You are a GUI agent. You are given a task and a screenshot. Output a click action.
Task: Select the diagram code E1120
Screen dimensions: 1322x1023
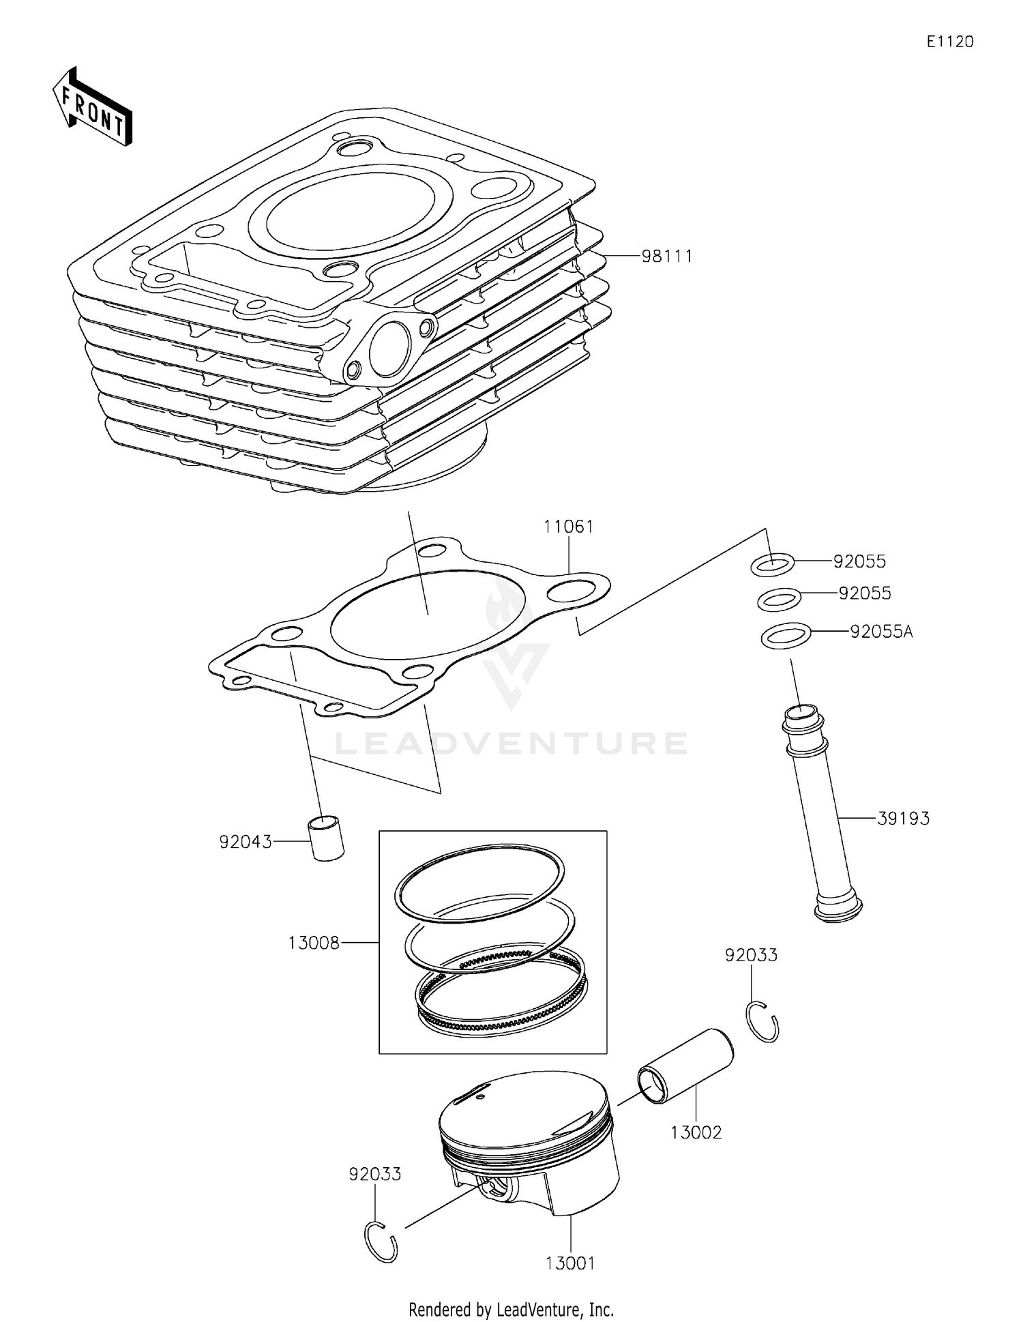pyautogui.click(x=949, y=42)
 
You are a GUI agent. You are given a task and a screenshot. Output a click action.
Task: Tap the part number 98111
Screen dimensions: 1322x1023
pyautogui.click(x=666, y=256)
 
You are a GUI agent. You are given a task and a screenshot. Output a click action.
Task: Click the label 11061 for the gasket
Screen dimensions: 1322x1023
pyautogui.click(x=568, y=527)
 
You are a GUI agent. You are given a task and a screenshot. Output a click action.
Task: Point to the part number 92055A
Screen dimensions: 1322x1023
pyautogui.click(x=880, y=632)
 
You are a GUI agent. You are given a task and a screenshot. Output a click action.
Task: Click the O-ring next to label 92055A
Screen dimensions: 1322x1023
pyautogui.click(x=786, y=636)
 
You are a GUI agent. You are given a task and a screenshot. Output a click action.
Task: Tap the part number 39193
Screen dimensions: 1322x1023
pyautogui.click(x=902, y=818)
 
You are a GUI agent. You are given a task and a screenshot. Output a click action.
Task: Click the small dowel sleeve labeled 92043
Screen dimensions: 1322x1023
pyautogui.click(x=327, y=838)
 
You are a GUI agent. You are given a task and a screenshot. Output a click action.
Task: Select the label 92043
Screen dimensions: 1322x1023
pyautogui.click(x=245, y=842)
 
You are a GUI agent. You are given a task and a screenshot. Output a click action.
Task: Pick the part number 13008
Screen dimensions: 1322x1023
pyautogui.click(x=314, y=943)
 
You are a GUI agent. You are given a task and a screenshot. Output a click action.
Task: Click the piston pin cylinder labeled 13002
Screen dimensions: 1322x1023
pyautogui.click(x=685, y=1066)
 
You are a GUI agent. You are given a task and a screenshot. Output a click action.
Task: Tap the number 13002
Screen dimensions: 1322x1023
pyautogui.click(x=695, y=1132)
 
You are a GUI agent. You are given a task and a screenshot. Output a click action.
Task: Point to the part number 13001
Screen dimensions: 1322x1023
pyautogui.click(x=570, y=1263)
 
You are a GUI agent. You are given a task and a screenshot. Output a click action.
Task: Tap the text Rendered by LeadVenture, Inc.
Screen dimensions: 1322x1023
pyautogui.click(x=511, y=1309)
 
